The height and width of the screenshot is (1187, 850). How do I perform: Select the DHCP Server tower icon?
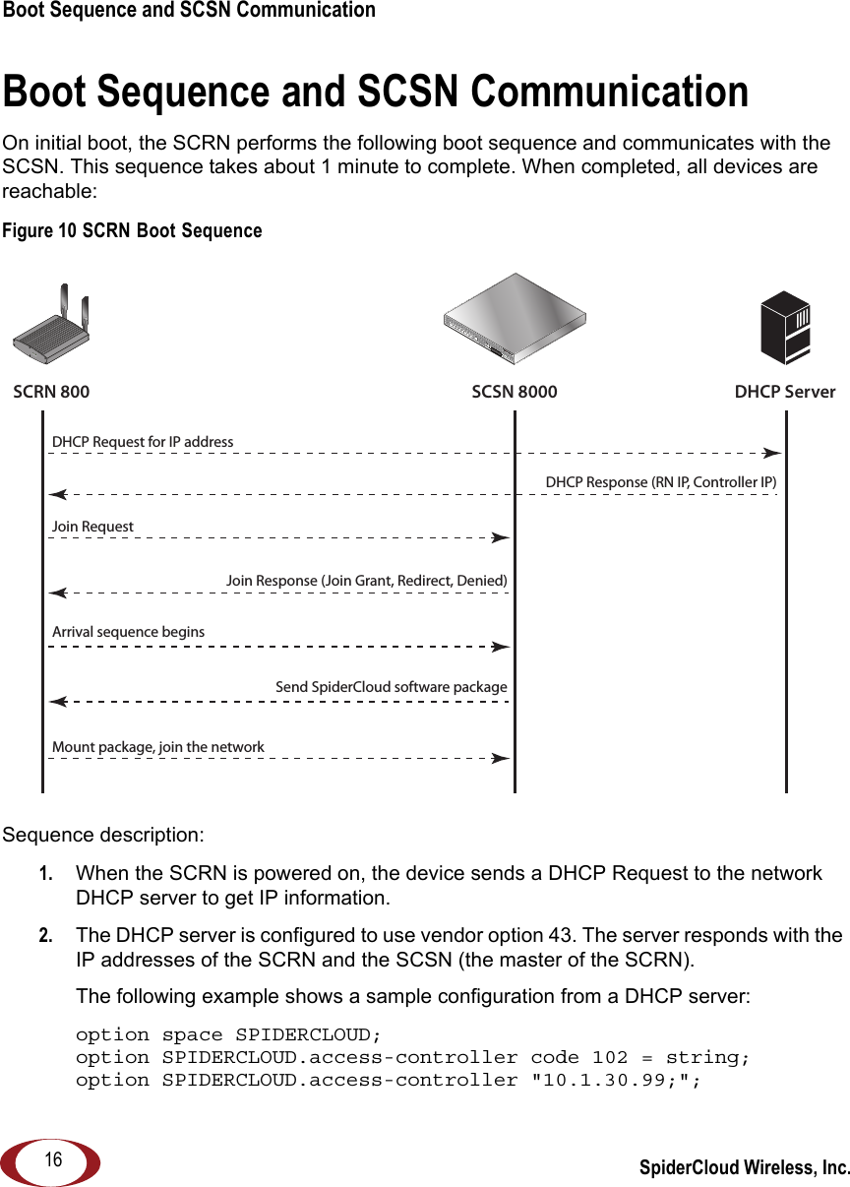click(785, 328)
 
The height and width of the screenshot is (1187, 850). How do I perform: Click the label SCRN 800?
click(51, 392)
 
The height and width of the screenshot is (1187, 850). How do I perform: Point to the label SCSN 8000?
click(514, 392)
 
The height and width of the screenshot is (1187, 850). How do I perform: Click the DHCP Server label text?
click(784, 392)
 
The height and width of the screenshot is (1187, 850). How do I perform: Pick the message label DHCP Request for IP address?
click(143, 442)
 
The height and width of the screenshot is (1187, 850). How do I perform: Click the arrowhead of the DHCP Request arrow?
click(773, 454)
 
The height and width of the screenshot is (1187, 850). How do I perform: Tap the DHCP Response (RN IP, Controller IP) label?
click(660, 482)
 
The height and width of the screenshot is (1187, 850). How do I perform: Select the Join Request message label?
click(92, 527)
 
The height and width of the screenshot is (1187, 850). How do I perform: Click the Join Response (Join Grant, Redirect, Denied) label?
click(366, 581)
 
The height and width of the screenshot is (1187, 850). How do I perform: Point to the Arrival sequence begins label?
click(128, 632)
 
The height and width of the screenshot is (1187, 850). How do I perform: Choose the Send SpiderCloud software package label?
click(391, 687)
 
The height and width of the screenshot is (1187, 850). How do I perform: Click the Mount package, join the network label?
click(157, 747)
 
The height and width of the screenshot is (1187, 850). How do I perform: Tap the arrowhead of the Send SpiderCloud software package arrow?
click(58, 702)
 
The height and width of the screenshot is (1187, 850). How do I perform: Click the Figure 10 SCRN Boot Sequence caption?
click(132, 231)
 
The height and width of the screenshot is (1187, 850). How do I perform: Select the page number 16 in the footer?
click(52, 1160)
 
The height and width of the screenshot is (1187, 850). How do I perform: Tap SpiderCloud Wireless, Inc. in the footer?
click(744, 1168)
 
